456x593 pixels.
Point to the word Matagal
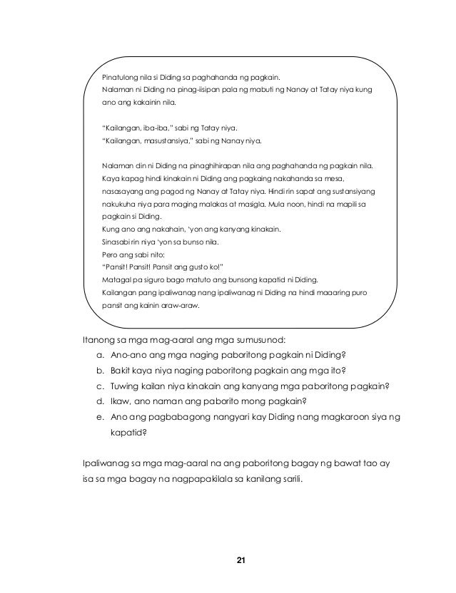(116, 279)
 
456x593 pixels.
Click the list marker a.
(98, 356)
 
